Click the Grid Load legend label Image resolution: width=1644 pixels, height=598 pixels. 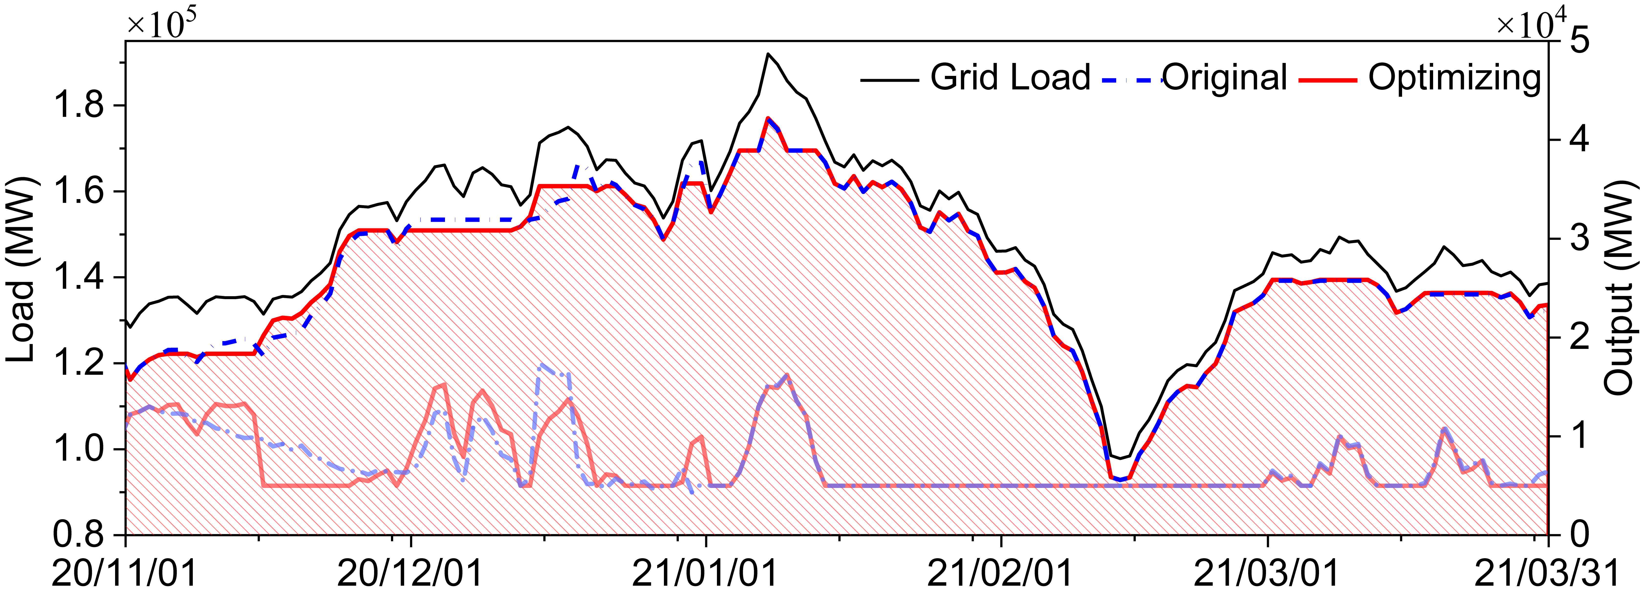(1010, 78)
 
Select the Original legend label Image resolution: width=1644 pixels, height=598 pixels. (1224, 78)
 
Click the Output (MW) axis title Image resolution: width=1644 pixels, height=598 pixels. (1621, 287)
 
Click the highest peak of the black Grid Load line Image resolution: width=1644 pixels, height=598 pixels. (768, 54)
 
